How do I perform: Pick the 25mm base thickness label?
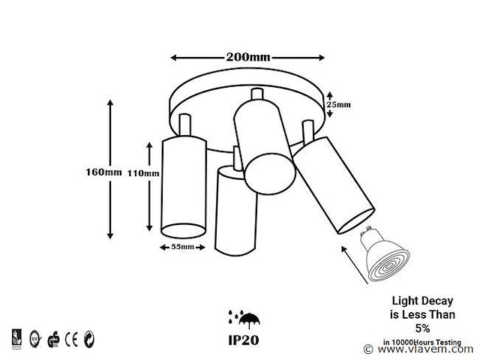[x=338, y=104]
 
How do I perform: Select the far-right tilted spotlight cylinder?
[x=334, y=183]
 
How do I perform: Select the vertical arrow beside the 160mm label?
[x=111, y=169]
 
